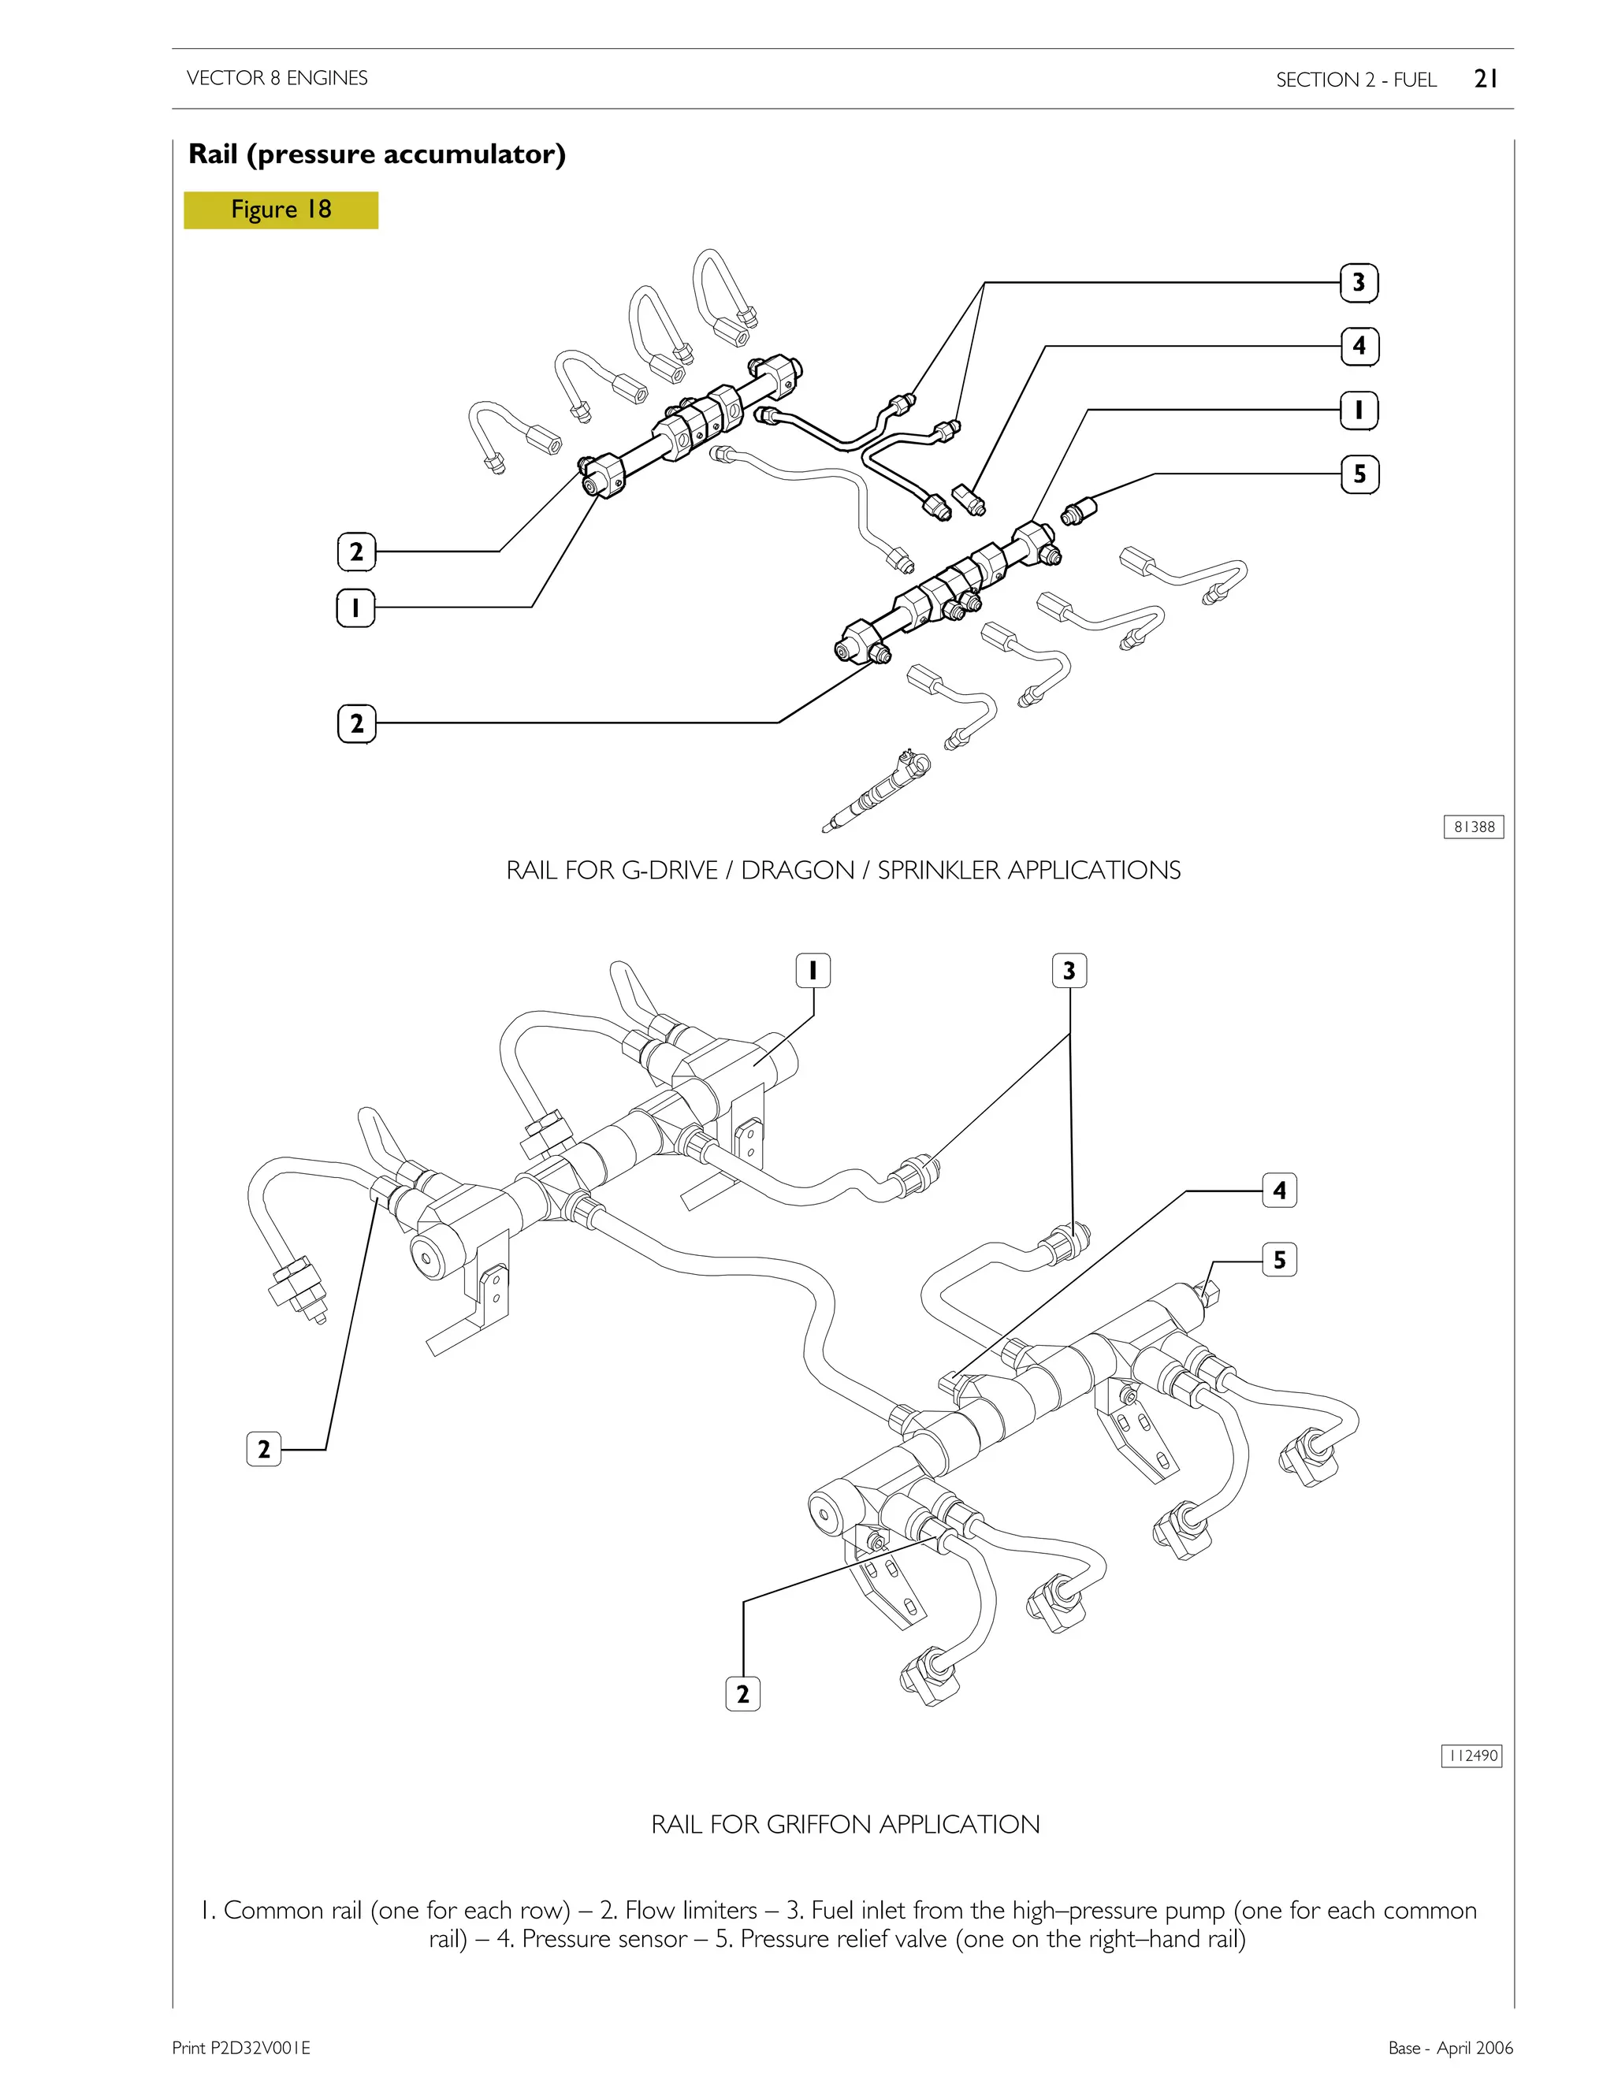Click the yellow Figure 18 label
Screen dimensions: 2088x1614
tap(281, 210)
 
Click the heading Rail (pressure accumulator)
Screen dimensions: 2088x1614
tap(377, 154)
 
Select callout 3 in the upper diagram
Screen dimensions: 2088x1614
tap(1359, 283)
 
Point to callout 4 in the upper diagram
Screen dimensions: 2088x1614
tap(1359, 346)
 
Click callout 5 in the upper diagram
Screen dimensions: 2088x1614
tap(1359, 474)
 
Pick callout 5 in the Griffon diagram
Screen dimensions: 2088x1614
tap(1279, 1260)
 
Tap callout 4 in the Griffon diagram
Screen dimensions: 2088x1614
tap(1279, 1191)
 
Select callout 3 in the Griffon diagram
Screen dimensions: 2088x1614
tap(1069, 971)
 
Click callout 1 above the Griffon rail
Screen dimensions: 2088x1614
tap(813, 971)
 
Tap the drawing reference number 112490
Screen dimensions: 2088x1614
tap(1471, 1755)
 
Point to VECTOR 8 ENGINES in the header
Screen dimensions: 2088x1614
tap(277, 78)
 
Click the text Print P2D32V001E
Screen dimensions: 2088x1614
tap(241, 2047)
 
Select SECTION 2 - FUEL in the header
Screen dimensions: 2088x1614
tap(1356, 80)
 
